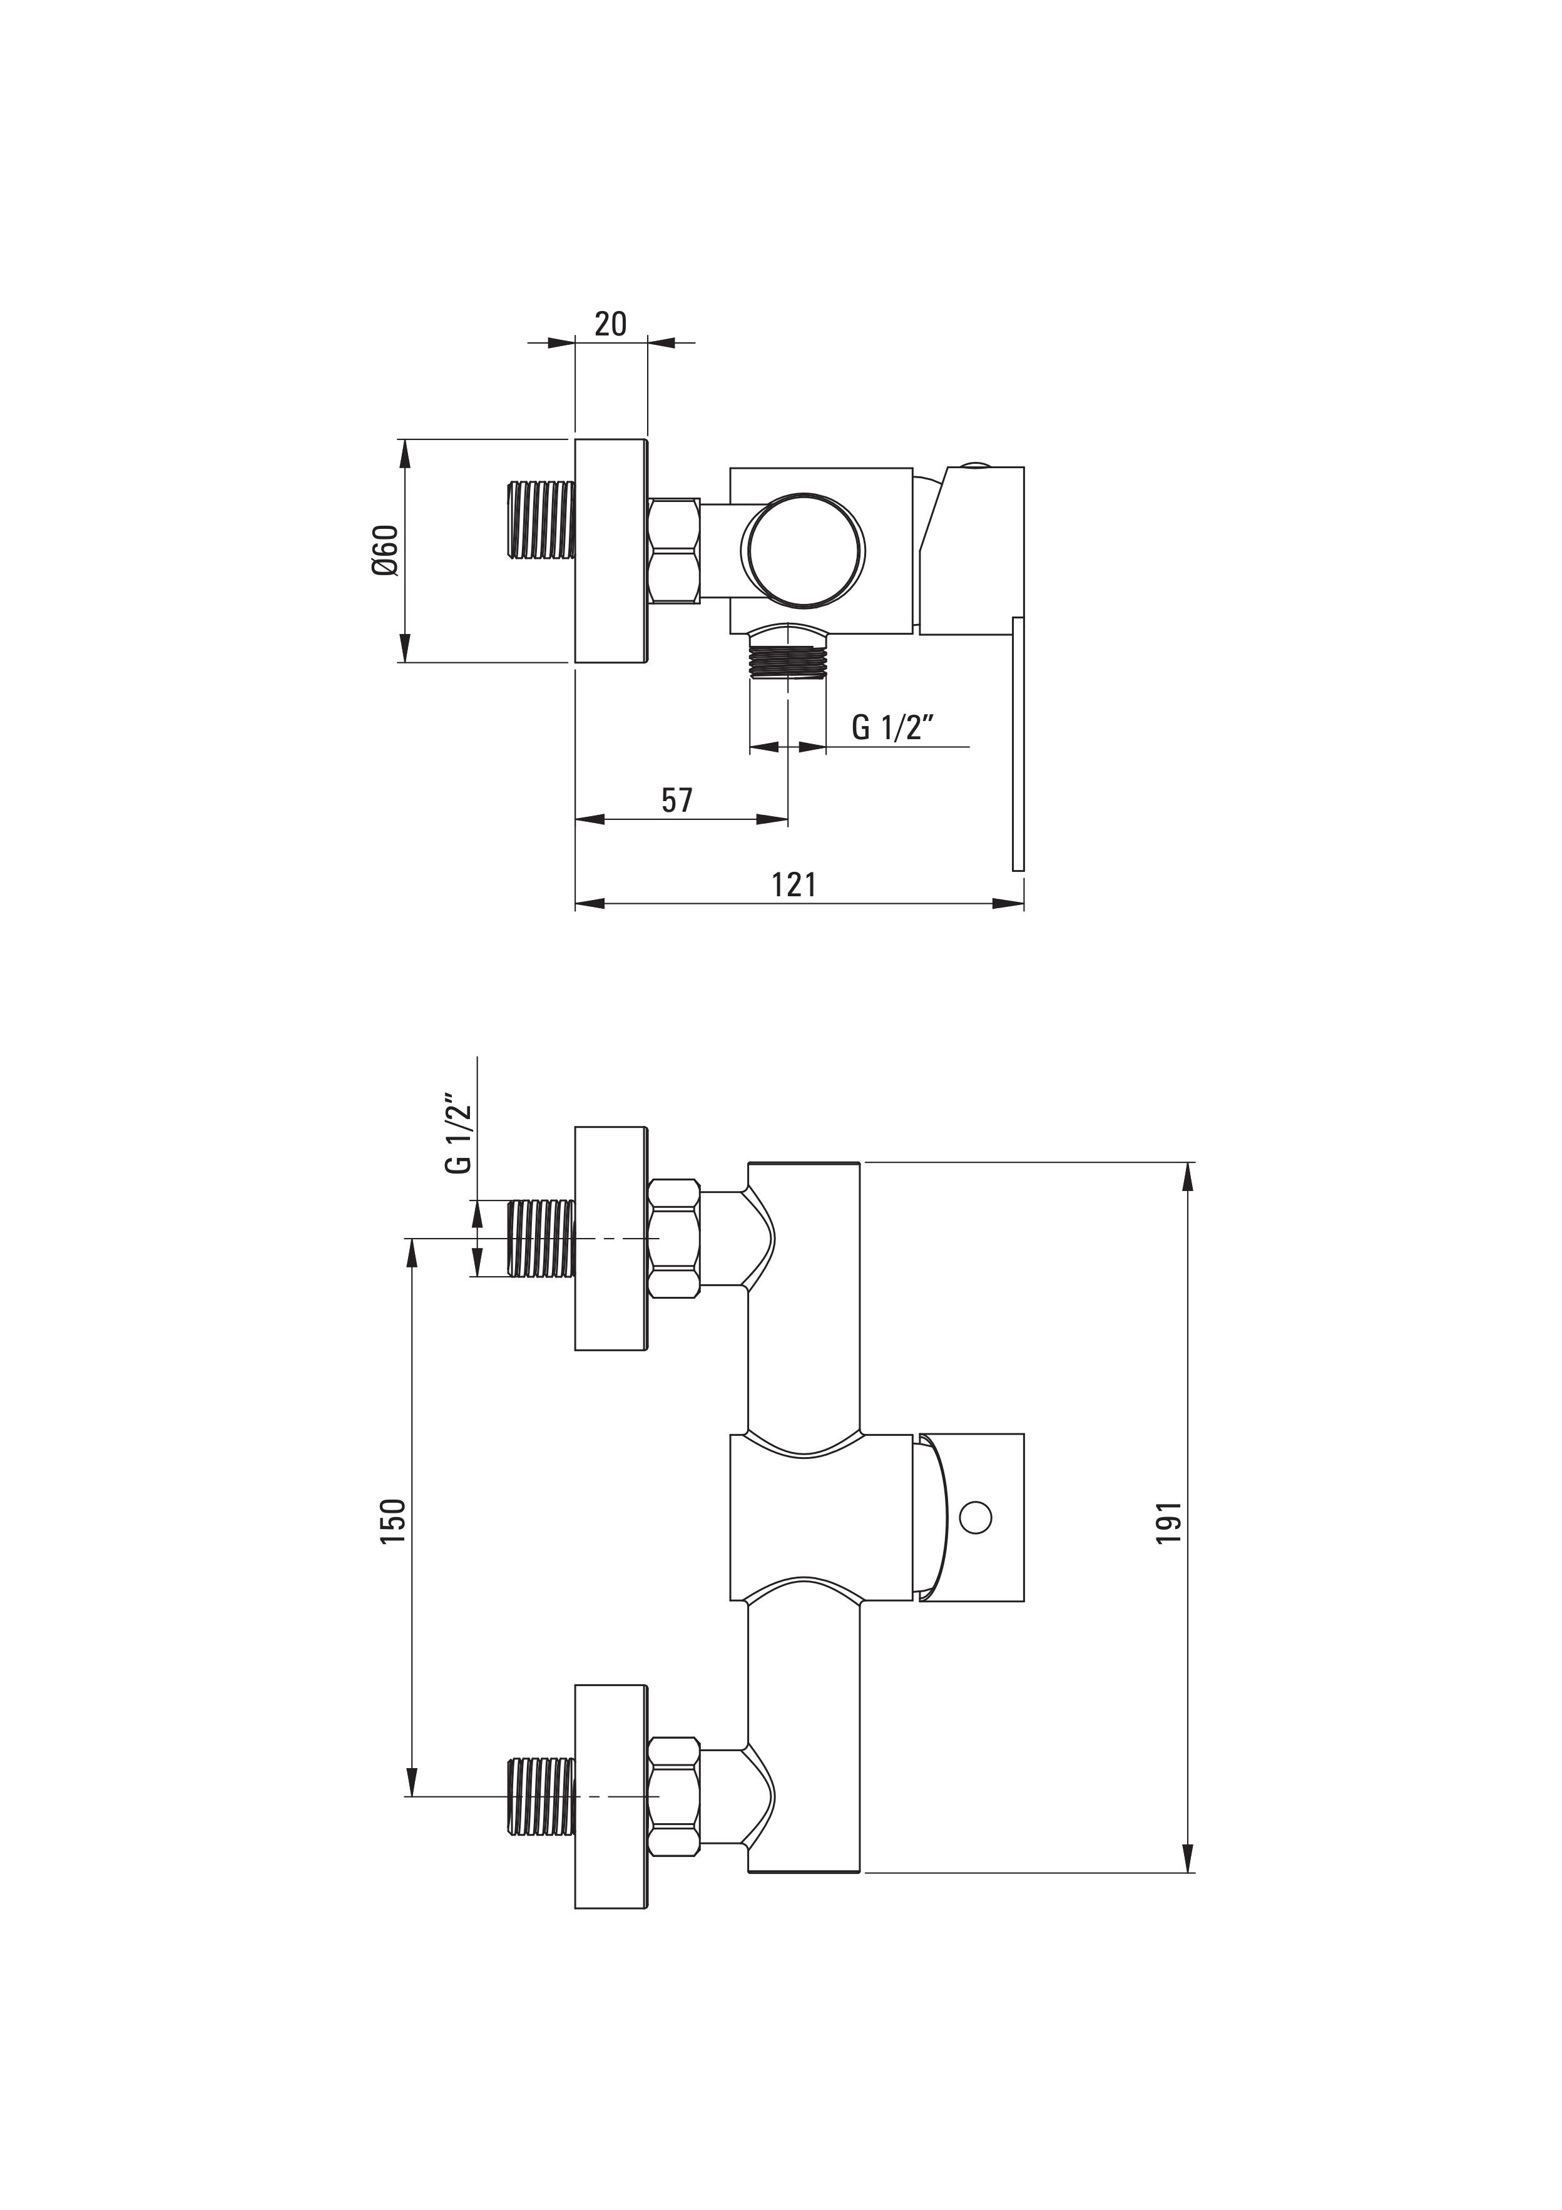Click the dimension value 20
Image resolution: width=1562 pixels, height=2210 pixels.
(610, 324)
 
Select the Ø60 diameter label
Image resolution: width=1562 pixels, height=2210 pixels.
(384, 551)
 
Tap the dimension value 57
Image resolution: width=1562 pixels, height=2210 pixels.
(676, 800)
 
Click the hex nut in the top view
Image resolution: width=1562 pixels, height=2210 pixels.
(674, 551)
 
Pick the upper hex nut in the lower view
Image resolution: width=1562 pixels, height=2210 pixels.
(674, 1239)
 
